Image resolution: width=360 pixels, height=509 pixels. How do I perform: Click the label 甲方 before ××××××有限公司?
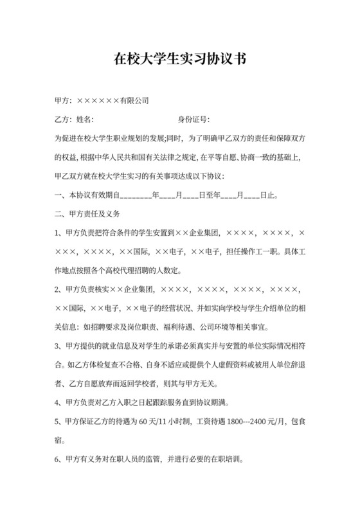(62, 101)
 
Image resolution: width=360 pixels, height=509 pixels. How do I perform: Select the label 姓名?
(85, 120)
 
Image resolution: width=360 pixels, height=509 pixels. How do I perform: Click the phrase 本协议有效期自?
(93, 194)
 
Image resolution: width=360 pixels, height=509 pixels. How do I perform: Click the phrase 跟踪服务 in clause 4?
(169, 404)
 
